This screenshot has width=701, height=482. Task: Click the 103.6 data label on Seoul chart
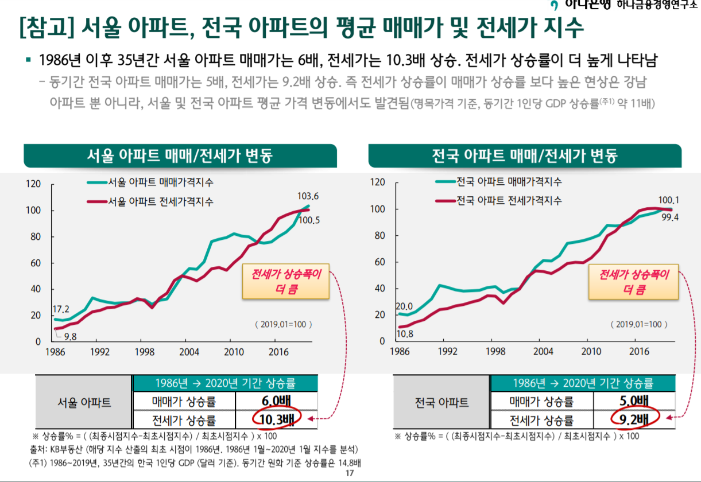point(308,196)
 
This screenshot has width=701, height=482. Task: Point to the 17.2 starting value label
point(61,309)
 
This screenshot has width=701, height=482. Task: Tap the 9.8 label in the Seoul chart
point(71,336)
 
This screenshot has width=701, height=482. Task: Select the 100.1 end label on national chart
point(668,200)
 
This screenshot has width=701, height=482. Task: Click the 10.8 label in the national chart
point(405,333)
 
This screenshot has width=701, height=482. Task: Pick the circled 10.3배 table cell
point(276,420)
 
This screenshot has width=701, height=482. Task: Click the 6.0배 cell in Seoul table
point(276,401)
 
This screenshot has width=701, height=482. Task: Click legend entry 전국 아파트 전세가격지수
point(509,200)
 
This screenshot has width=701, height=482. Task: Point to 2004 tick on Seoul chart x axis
point(186,352)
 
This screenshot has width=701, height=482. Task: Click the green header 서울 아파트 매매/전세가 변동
point(180,156)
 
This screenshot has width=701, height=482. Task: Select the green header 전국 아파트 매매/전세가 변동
point(525,156)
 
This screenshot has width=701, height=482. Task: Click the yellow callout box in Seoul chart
point(286,281)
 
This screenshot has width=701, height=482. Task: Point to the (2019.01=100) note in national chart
point(638,324)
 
